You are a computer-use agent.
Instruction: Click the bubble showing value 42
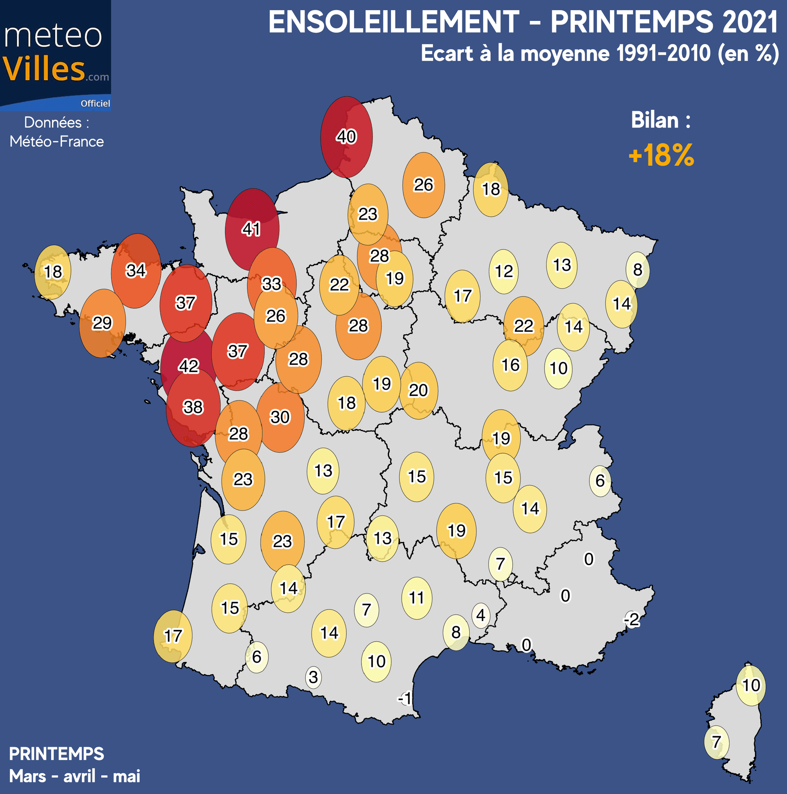pyautogui.click(x=188, y=365)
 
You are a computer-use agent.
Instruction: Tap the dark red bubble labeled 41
pyautogui.click(x=251, y=228)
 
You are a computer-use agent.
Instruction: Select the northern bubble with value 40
pyautogui.click(x=346, y=137)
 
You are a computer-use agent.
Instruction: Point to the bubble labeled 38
pyautogui.click(x=193, y=407)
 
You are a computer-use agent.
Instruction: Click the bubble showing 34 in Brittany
pyautogui.click(x=136, y=270)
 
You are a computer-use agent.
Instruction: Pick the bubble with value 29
pyautogui.click(x=102, y=323)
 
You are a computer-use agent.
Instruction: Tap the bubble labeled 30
pyautogui.click(x=280, y=417)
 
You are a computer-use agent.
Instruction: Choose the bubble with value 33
pyautogui.click(x=271, y=283)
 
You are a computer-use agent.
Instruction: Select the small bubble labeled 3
pyautogui.click(x=314, y=677)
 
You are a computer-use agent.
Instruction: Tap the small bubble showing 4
pyautogui.click(x=480, y=615)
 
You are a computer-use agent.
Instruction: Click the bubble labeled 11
pyautogui.click(x=416, y=598)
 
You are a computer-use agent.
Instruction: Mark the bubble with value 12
pyautogui.click(x=504, y=271)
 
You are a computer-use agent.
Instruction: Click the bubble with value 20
pyautogui.click(x=418, y=390)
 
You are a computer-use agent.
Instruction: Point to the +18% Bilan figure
pyautogui.click(x=661, y=155)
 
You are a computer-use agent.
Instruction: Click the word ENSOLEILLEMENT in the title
pyautogui.click(x=393, y=22)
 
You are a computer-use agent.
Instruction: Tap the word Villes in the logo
pyautogui.click(x=44, y=69)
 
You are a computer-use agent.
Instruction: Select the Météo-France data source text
pyautogui.click(x=57, y=141)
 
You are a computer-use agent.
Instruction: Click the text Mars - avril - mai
pyautogui.click(x=74, y=776)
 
